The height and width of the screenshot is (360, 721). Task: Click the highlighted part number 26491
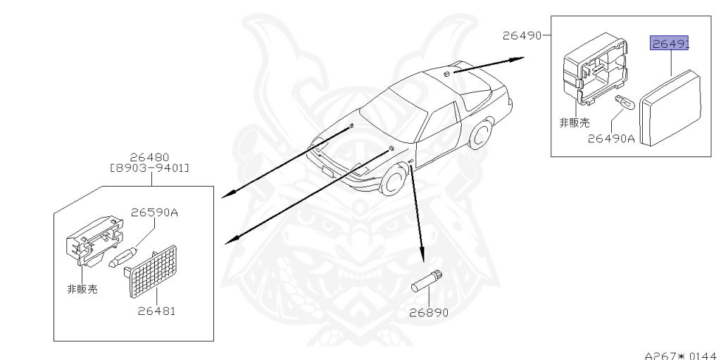pos(669,44)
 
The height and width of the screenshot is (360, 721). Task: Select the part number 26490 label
pos(522,35)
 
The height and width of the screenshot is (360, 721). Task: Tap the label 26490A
pos(611,139)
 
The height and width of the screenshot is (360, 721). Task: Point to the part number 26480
pos(149,157)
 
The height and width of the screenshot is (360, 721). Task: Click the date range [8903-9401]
pos(149,168)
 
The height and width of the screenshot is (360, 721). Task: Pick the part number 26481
pos(156,310)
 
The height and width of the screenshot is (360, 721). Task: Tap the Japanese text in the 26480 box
pos(82,289)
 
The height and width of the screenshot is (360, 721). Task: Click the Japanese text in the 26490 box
pos(574,123)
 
